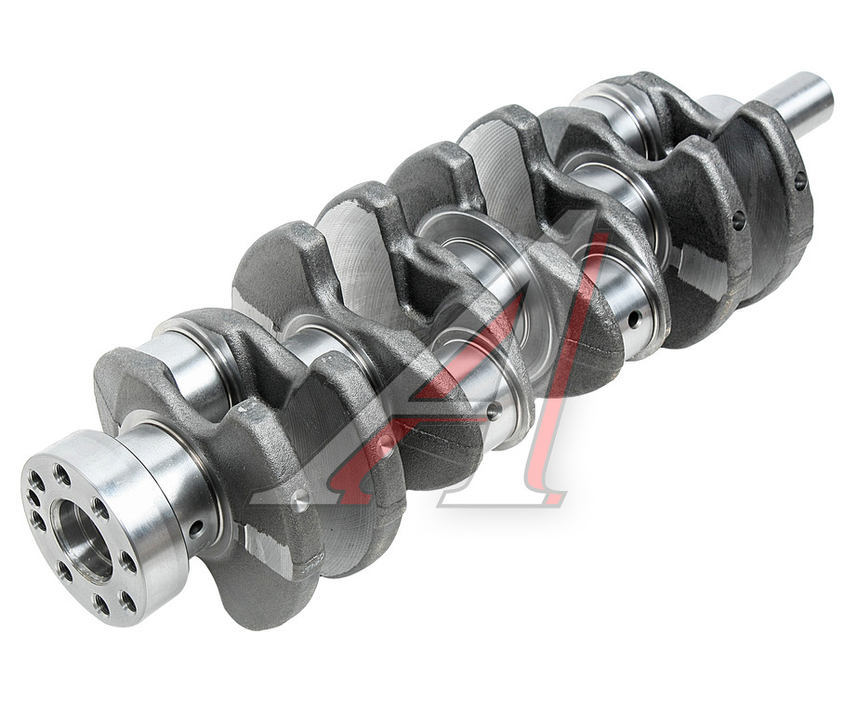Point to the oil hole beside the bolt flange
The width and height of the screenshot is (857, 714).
196,528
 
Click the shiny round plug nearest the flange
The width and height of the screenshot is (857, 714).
300,498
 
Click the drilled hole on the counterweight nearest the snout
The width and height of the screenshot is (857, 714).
800,179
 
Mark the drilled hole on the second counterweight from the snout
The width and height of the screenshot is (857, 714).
739,219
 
